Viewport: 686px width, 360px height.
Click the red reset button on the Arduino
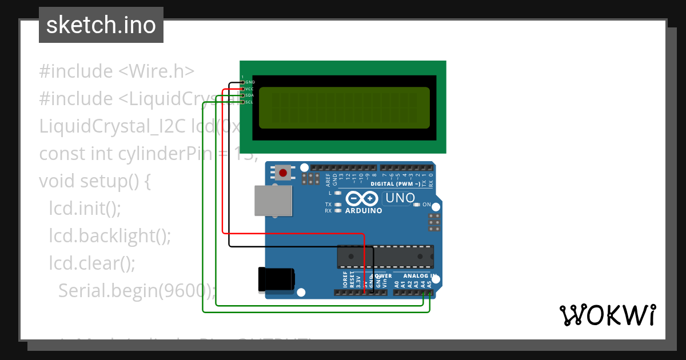tap(282, 172)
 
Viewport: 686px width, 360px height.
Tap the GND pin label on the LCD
tap(250, 82)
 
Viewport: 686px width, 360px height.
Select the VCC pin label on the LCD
tap(250, 89)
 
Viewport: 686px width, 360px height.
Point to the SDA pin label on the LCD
tap(250, 95)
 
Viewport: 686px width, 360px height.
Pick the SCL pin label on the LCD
tap(250, 102)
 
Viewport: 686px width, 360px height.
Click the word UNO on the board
tap(400, 198)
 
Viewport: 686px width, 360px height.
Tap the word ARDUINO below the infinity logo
tap(364, 210)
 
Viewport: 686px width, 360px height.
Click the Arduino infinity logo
tap(361, 198)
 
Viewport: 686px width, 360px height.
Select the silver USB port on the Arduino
tap(273, 200)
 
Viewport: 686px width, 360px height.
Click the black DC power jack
tap(276, 278)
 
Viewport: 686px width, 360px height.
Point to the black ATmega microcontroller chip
tap(385, 256)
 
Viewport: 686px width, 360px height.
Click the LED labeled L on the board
tap(338, 193)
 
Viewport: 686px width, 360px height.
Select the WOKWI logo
tap(607, 315)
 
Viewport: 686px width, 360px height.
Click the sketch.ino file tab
tap(101, 25)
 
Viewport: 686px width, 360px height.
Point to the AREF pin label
tap(328, 181)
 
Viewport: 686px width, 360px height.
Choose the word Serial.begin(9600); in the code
tap(137, 290)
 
